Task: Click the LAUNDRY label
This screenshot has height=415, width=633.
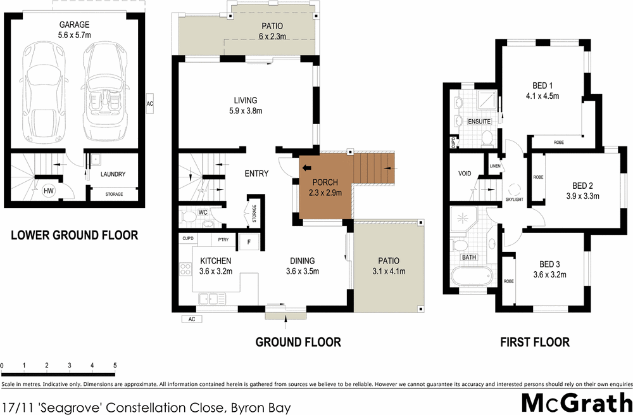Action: tap(113, 174)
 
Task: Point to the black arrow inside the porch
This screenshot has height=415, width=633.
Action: tap(308, 168)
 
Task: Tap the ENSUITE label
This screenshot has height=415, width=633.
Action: tap(479, 121)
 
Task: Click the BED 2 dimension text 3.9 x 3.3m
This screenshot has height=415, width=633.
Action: tap(582, 196)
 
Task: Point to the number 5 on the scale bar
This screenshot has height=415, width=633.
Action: tap(115, 366)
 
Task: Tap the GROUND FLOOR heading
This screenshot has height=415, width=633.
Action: tap(298, 342)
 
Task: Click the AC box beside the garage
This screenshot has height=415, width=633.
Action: tap(149, 103)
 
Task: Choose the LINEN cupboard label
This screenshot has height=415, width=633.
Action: tap(495, 166)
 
